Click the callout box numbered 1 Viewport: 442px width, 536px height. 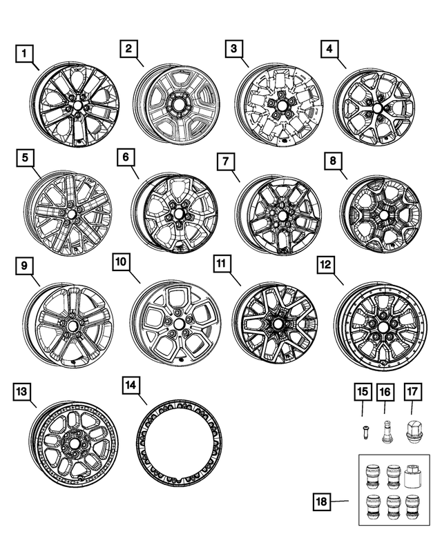coord(25,52)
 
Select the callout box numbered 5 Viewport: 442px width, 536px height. coord(25,158)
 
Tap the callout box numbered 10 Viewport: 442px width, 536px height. coord(121,262)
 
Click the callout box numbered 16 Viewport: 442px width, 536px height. coord(385,393)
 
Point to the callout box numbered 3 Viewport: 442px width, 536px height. coord(233,50)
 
